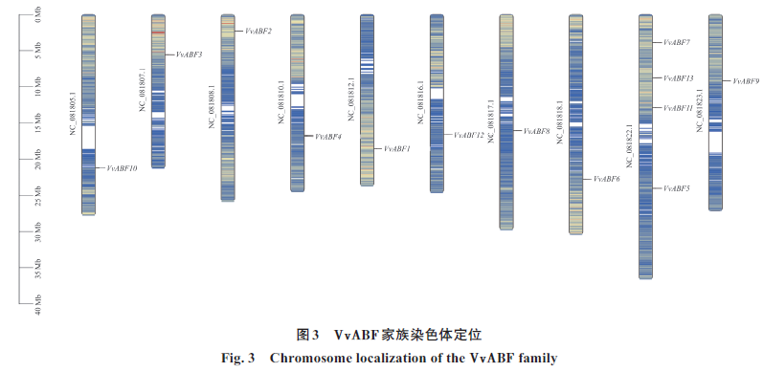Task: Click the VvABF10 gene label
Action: [122, 168]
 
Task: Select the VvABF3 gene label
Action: [189, 55]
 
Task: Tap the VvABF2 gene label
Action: [258, 31]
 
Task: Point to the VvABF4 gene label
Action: [328, 137]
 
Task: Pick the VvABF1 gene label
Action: [397, 149]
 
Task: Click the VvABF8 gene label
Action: [536, 131]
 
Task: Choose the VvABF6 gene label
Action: [606, 179]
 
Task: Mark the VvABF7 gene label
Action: [677, 42]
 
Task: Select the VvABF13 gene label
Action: [679, 78]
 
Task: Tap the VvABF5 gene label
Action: [677, 188]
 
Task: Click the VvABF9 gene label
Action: [746, 81]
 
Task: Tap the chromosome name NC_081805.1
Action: [73, 113]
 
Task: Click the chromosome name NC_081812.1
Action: [351, 98]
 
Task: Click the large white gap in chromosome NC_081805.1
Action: [89, 138]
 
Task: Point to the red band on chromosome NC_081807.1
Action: [158, 33]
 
